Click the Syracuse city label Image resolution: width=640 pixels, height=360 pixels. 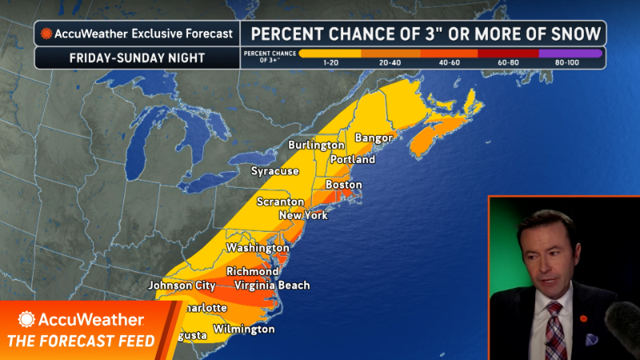coord(274,171)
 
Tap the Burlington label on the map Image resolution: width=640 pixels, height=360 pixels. coord(317,146)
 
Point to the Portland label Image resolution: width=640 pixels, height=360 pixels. coord(353,160)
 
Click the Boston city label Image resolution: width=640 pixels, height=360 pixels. coord(344,185)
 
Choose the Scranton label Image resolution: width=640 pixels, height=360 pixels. coord(280,202)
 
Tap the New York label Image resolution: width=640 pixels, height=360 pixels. coord(303,216)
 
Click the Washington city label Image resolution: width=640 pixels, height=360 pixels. coord(257,248)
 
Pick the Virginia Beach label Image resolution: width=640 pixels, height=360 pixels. coord(272,286)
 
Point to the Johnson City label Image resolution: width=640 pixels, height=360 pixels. coord(182,286)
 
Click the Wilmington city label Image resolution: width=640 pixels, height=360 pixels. coord(245,330)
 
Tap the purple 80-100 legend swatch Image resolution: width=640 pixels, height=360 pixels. coord(567,53)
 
